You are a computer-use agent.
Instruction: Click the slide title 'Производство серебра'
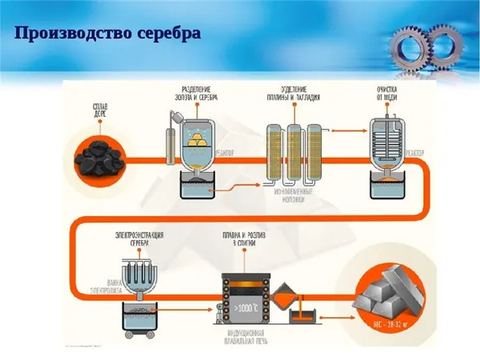click(107, 34)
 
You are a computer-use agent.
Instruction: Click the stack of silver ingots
click(387, 291)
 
